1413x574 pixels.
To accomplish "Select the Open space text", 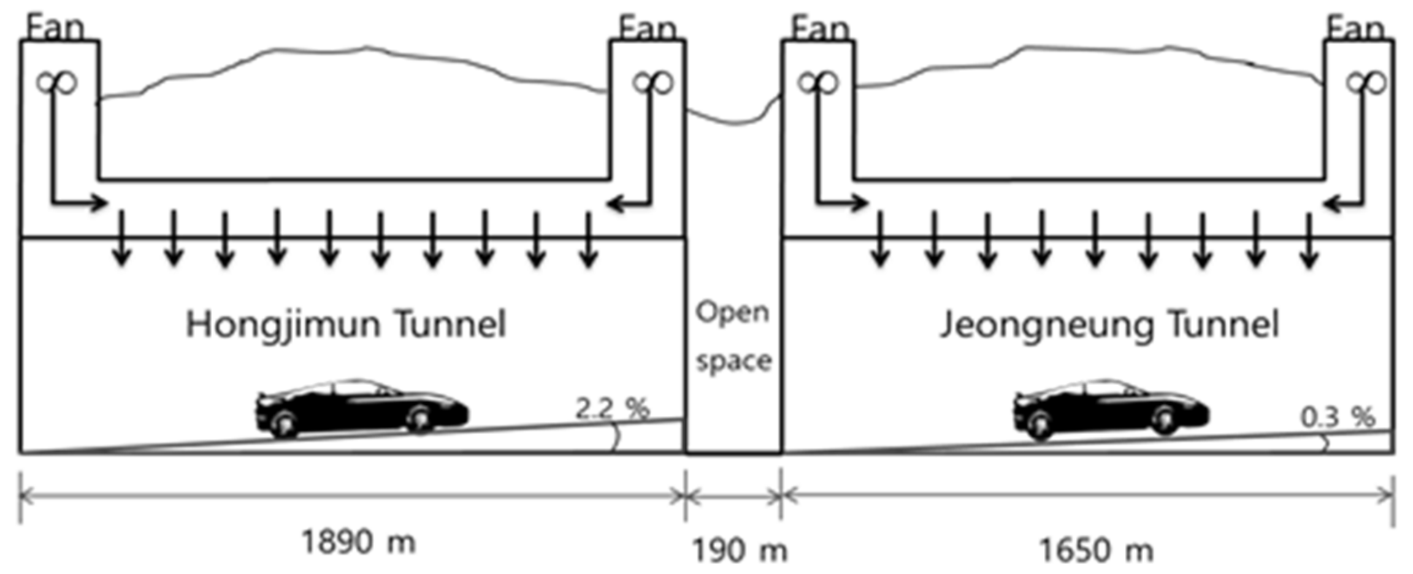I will pyautogui.click(x=733, y=336).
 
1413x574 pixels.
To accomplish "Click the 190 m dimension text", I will pyautogui.click(x=740, y=549).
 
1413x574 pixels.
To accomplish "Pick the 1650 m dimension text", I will pyautogui.click(x=1096, y=549).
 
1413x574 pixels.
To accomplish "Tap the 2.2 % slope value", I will pyautogui.click(x=611, y=408).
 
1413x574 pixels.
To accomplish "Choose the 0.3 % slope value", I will pyautogui.click(x=1338, y=417).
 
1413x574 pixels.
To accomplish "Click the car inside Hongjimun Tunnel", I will pyautogui.click(x=362, y=407).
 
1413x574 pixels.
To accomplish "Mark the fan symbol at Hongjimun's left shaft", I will pyautogui.click(x=56, y=82).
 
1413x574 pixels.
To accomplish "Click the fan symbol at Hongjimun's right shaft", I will pyautogui.click(x=653, y=82).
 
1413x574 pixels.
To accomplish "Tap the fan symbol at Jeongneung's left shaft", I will pyautogui.click(x=818, y=82).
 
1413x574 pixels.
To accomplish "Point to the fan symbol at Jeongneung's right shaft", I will pyautogui.click(x=1366, y=82).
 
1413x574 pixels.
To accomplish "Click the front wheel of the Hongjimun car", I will pyautogui.click(x=420, y=419).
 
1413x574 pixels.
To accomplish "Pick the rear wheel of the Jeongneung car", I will pyautogui.click(x=1040, y=423).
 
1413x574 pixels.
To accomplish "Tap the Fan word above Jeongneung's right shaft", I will pyautogui.click(x=1355, y=28).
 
